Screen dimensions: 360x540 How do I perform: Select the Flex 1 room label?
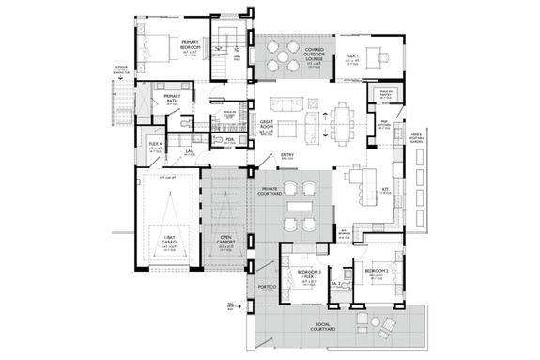coord(350,59)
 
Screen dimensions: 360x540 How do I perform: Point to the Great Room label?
coord(269,126)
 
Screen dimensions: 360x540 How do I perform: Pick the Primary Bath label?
coord(172,98)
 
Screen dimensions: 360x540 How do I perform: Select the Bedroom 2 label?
coord(378,272)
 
